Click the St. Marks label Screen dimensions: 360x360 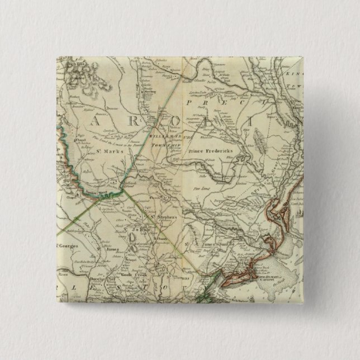click(105, 150)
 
